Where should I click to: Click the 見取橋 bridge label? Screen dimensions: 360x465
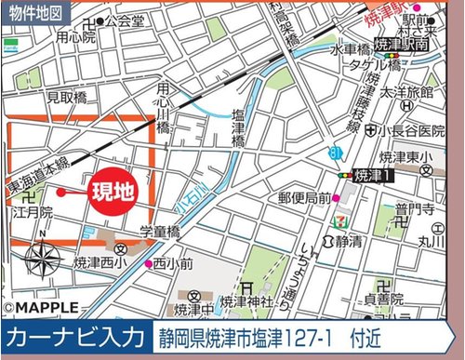coord(67,96)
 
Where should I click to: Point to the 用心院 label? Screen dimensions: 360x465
coord(75,38)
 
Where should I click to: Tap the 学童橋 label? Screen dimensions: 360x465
coord(160,230)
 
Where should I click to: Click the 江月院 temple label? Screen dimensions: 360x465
coord(33,213)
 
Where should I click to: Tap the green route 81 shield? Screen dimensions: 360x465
coord(334,150)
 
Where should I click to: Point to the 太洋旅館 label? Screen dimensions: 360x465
coord(407,94)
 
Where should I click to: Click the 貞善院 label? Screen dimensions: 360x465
coord(383,300)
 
